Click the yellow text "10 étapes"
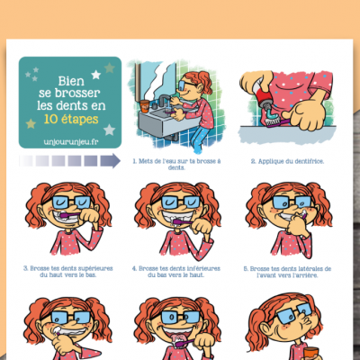pos(71,120)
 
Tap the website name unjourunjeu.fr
pos(71,141)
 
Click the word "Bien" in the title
pos(71,81)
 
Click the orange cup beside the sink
pos(145,106)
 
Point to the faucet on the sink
pos(163,101)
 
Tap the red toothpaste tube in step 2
pos(263,97)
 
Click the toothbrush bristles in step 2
pos(271,121)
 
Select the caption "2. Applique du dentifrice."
pos(287,161)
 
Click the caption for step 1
pos(176,164)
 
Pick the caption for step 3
pos(68,272)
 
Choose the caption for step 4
pos(176,272)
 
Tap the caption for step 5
pos(287,272)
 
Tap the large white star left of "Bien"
pos(96,75)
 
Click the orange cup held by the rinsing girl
pos(310,353)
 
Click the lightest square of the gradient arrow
pos(26,161)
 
